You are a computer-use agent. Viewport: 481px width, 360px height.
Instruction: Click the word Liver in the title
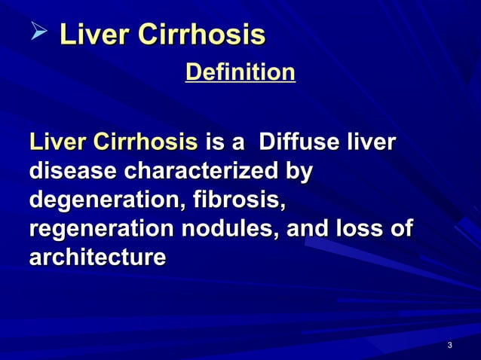tap(88, 35)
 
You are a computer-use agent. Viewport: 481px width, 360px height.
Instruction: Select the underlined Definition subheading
tap(240, 73)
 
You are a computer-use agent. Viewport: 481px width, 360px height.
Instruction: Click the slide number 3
tap(449, 346)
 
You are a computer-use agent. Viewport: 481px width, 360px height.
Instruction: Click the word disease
tap(72, 172)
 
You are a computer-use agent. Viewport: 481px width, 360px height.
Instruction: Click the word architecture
tap(97, 258)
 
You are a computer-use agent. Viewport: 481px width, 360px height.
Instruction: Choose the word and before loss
tap(309, 229)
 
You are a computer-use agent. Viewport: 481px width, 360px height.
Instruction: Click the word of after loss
tap(402, 229)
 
